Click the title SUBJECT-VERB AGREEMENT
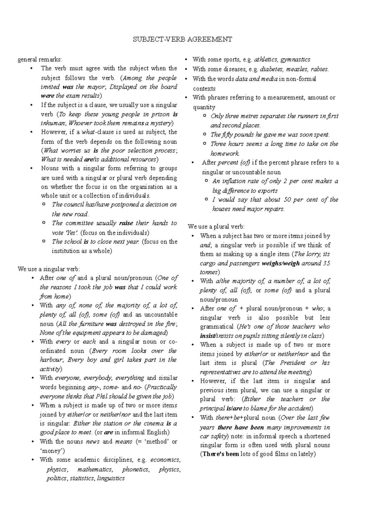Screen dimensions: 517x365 coord(182,39)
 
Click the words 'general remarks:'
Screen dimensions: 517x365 coord(40,59)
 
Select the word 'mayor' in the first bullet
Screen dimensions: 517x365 coord(98,87)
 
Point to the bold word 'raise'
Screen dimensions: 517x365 coord(126,223)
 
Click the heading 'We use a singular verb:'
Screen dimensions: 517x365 coord(49,269)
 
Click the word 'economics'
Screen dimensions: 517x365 coord(165,460)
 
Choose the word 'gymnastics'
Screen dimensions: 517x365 coord(295,59)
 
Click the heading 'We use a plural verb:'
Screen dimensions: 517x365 coord(216,227)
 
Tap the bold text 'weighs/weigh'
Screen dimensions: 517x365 coord(280,263)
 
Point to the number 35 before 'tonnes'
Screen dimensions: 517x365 coord(326,263)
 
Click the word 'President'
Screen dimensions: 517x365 coord(292,363)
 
